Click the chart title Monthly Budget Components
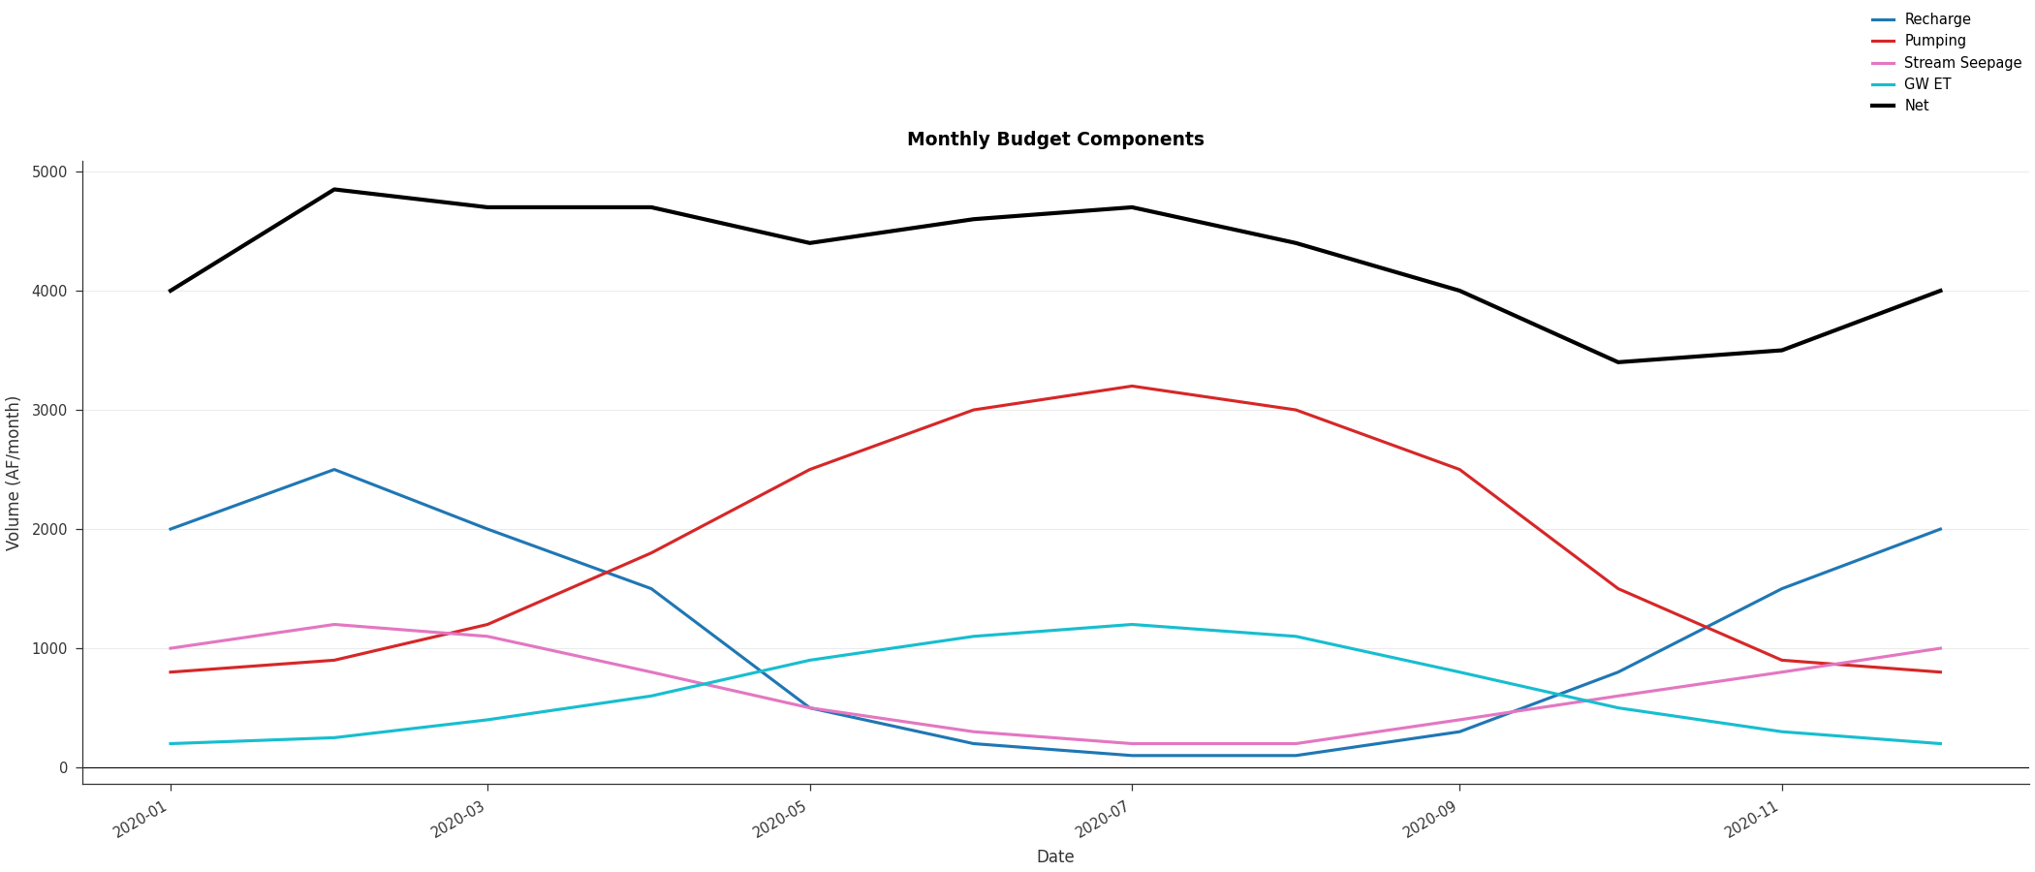click(1055, 140)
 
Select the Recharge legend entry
click(1937, 19)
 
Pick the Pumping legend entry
click(1935, 41)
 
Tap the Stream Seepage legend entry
click(1962, 63)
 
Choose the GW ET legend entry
click(1927, 84)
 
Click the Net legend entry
click(1917, 106)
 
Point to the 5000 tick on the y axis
click(49, 172)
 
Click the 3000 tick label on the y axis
click(49, 410)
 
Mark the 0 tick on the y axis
click(63, 767)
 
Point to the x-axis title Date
click(1055, 857)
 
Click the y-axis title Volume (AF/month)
click(14, 473)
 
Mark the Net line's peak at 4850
click(334, 190)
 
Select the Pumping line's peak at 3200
click(1132, 387)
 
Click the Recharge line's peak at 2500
click(334, 470)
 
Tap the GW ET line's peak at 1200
click(1132, 625)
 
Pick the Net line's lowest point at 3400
click(1617, 362)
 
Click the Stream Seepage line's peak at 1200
click(334, 625)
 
